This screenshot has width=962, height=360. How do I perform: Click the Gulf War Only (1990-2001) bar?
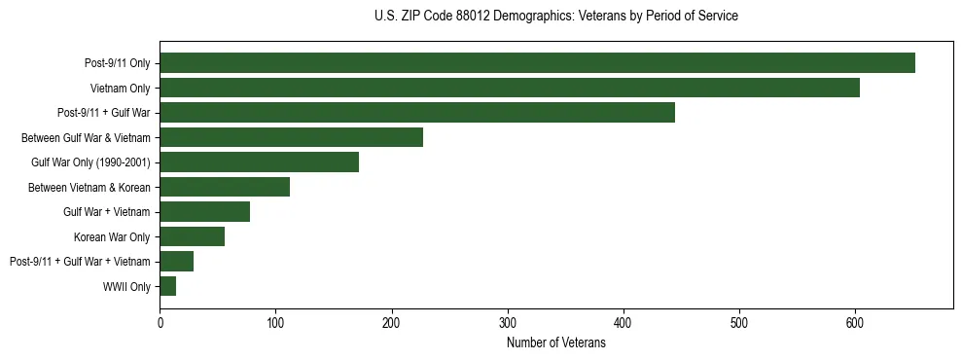click(260, 162)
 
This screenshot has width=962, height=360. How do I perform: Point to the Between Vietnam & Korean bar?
click(225, 187)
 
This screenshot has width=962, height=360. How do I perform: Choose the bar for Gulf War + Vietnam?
click(205, 212)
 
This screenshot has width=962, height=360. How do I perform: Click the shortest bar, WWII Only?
click(168, 286)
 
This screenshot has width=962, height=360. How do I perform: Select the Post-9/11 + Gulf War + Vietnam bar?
click(177, 262)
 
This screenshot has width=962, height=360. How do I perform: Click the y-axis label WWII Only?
click(126, 287)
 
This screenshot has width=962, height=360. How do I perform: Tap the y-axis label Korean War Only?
click(112, 237)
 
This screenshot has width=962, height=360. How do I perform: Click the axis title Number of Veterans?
click(555, 343)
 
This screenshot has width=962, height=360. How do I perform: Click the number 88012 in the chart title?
click(471, 17)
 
